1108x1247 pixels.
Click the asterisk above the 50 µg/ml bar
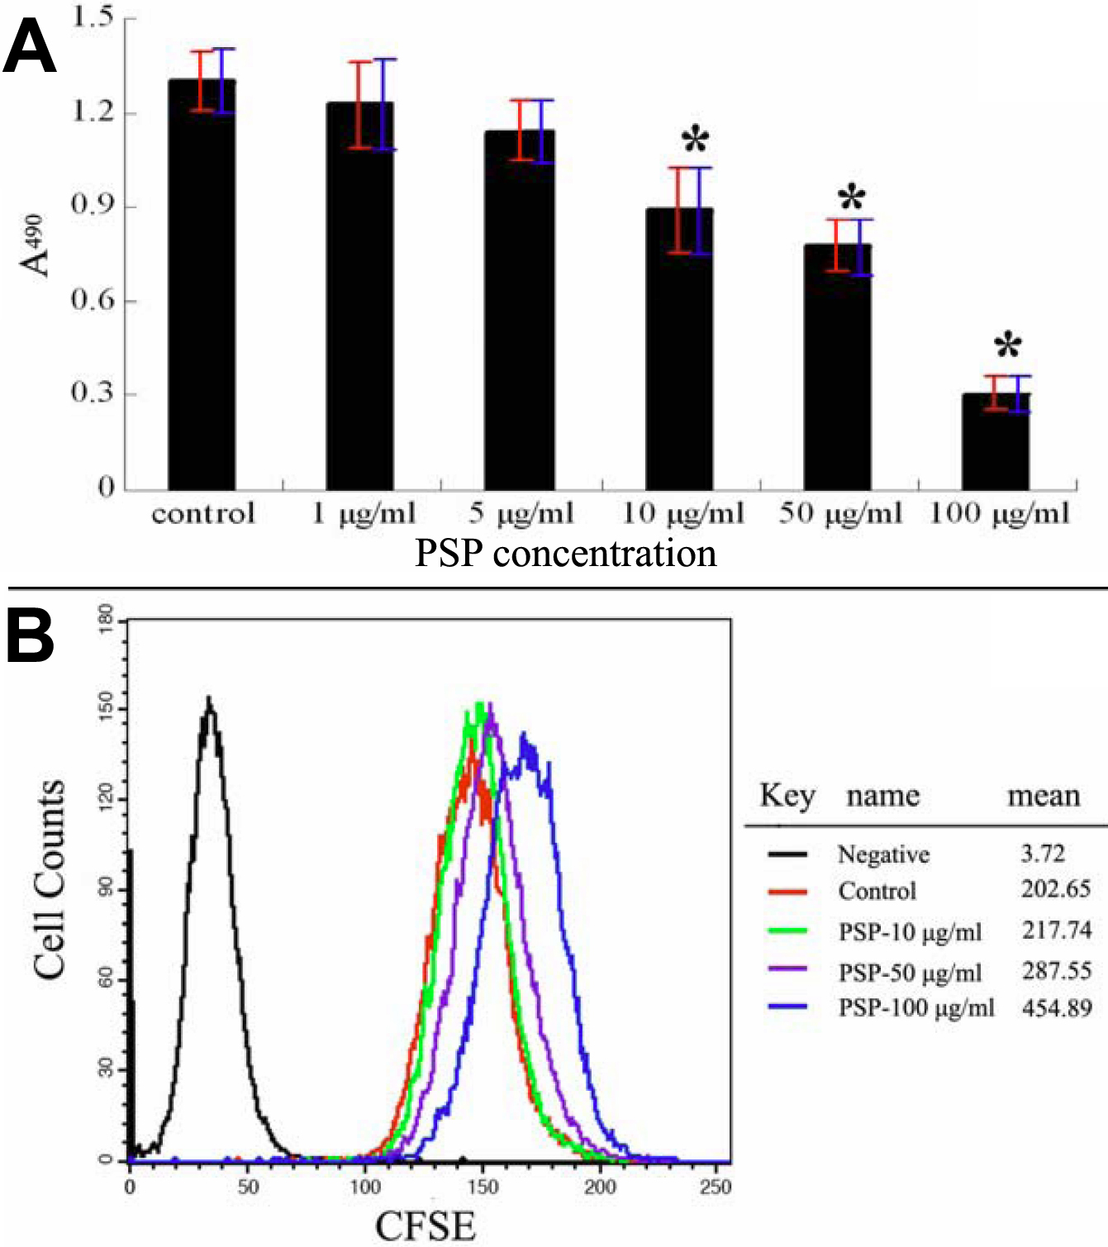851,198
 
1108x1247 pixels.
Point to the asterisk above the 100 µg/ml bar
1007,345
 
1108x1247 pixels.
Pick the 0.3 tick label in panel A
93,393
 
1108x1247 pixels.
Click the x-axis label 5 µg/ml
521,513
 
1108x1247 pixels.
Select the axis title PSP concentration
565,553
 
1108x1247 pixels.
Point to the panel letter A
30,47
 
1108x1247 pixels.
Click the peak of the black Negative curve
210,701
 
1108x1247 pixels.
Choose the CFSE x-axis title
426,1225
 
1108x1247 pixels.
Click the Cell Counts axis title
50,879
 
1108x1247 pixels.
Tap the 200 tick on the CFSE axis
600,1187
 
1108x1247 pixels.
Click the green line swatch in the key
787,931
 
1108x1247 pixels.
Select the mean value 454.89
1057,1008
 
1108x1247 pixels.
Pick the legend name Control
877,891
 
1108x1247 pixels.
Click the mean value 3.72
1042,853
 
